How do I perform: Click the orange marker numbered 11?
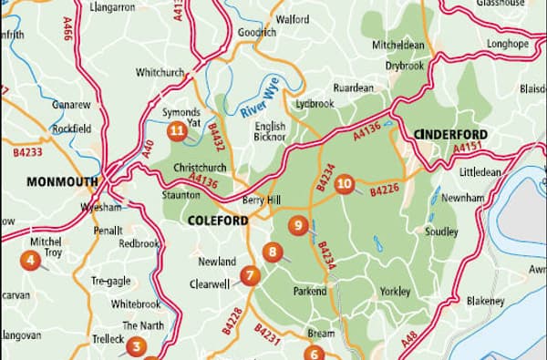(177, 131)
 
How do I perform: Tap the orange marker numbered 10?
(344, 184)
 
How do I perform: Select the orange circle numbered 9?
(296, 225)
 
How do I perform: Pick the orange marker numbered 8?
(271, 252)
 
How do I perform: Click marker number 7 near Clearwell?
(248, 274)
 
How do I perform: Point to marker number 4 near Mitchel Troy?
(31, 261)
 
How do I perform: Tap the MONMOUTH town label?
(62, 181)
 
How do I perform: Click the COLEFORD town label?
(218, 221)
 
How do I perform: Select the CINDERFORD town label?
(450, 135)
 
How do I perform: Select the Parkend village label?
(309, 292)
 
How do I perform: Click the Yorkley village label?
(395, 292)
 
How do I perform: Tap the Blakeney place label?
(485, 301)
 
